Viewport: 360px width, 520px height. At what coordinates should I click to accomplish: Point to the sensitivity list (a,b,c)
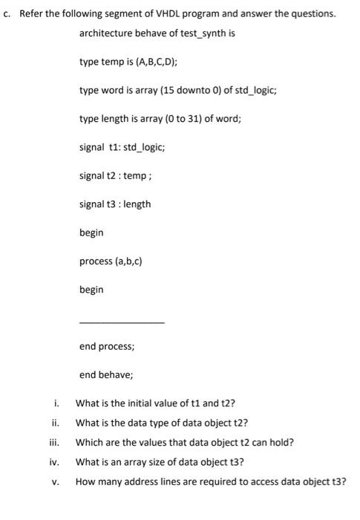125,261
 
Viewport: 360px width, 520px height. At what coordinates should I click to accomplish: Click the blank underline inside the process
122,322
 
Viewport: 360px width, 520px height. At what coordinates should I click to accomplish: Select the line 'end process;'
107,346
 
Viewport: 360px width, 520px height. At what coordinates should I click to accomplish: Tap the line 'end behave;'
106,374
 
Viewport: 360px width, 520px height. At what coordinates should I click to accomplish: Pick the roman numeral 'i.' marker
56,403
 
